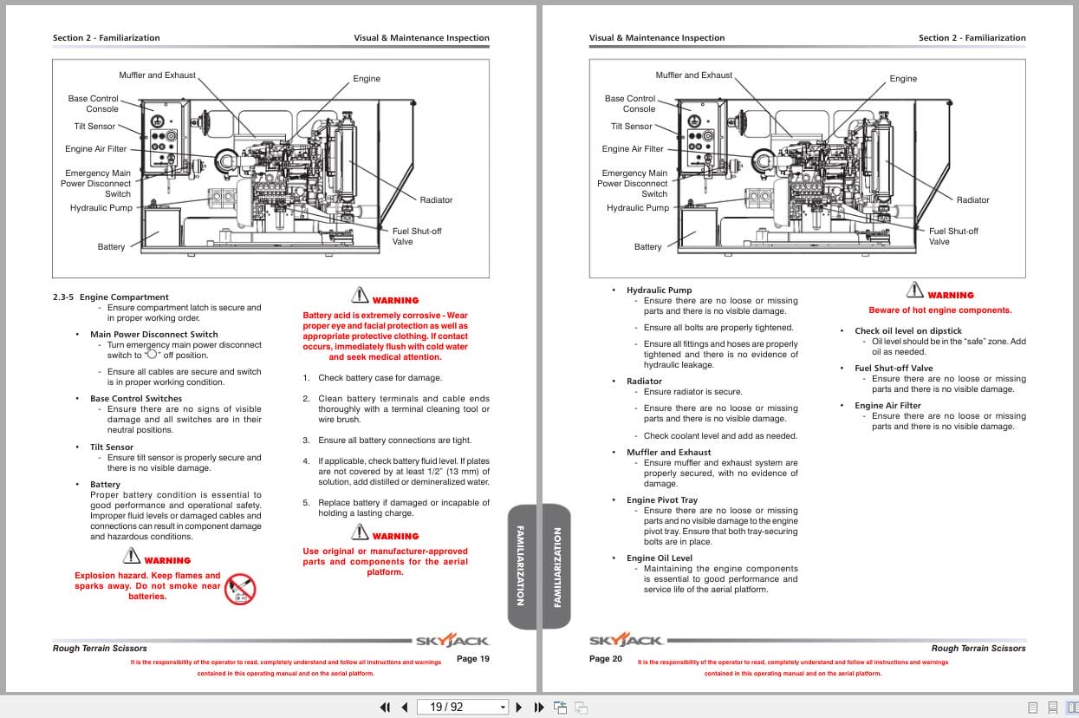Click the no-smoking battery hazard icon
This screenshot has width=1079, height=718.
point(240,590)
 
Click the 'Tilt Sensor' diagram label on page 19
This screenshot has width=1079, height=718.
point(95,127)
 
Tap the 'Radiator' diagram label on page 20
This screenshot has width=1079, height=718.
point(972,200)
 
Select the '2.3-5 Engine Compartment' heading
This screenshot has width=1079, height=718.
point(111,297)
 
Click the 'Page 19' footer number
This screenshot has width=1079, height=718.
point(472,659)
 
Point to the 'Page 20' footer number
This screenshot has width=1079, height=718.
point(606,659)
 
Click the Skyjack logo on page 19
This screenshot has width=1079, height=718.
point(452,641)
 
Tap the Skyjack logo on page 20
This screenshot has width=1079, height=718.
point(627,641)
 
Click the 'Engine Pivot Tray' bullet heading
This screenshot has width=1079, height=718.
point(661,500)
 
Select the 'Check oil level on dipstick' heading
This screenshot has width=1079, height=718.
point(907,331)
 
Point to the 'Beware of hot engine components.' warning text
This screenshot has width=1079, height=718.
point(939,310)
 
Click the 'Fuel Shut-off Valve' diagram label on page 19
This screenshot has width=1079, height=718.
point(416,236)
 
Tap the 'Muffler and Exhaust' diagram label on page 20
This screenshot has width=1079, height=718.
point(693,75)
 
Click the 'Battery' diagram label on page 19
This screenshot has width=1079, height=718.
point(111,247)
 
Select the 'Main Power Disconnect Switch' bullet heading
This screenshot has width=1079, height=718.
point(153,335)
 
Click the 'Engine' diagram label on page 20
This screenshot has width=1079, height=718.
point(902,79)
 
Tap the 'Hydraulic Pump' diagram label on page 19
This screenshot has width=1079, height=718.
point(101,208)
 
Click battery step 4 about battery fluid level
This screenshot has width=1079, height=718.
point(396,472)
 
